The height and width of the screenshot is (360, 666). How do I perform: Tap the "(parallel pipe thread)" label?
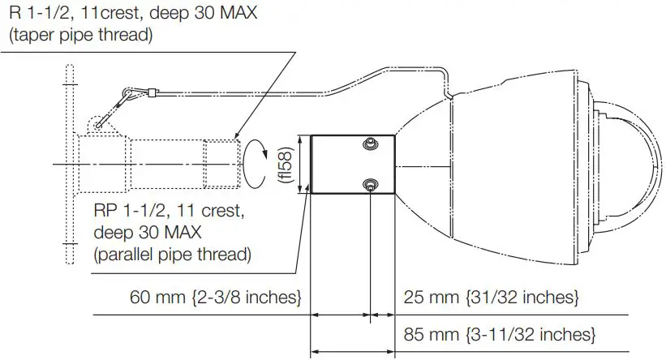pos(173,255)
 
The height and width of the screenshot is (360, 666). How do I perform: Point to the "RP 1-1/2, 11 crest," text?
pos(170,212)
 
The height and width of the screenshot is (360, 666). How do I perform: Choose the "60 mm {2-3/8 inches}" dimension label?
pos(216,298)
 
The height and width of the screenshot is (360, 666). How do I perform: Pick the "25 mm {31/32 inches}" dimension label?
pos(491,298)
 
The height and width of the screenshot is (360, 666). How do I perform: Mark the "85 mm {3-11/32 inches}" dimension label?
pos(500,333)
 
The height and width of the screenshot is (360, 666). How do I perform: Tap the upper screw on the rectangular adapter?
pos(370,144)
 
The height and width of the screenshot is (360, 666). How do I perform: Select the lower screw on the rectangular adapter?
pos(370,184)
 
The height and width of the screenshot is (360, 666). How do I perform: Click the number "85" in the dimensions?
pos(413,333)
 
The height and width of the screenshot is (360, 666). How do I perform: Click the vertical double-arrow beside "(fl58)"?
pos(302,165)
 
